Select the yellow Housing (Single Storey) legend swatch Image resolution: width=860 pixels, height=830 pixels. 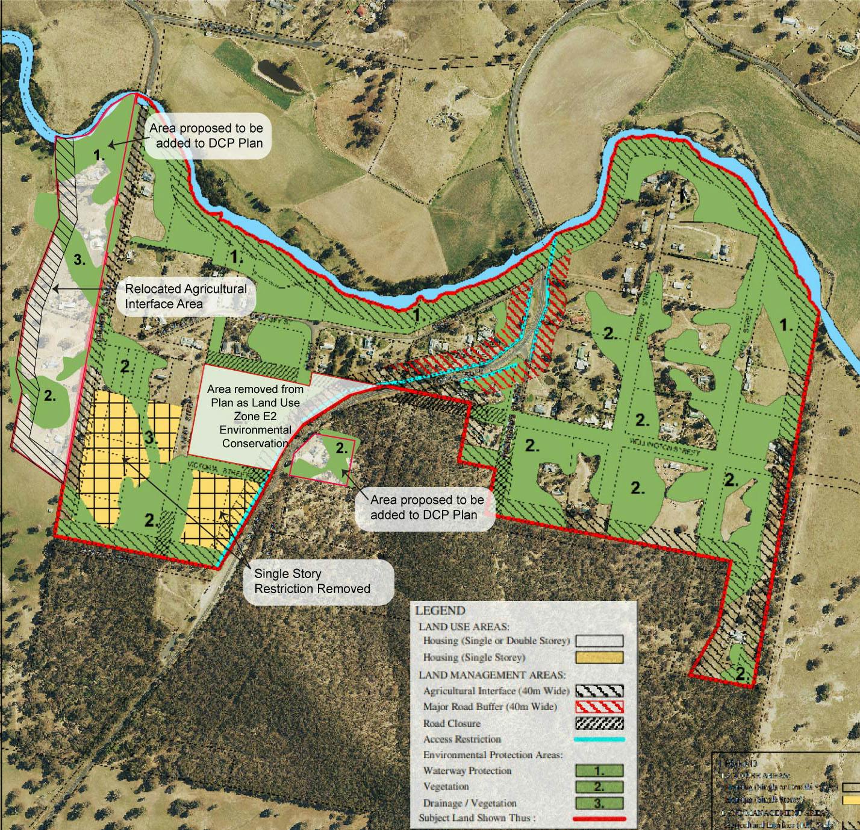[599, 658]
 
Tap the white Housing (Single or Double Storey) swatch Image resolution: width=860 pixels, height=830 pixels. [599, 641]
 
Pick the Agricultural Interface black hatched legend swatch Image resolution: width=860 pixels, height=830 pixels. [599, 691]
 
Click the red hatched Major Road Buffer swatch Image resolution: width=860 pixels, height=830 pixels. [599, 706]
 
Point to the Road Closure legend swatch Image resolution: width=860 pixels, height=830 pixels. [599, 723]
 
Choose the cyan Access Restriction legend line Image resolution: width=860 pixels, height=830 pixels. [599, 740]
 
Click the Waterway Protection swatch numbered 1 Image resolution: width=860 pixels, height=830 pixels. [599, 771]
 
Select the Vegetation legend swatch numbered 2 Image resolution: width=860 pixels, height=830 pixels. [599, 787]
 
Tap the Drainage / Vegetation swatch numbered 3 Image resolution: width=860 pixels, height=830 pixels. [599, 803]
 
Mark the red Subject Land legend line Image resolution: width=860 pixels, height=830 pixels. [599, 819]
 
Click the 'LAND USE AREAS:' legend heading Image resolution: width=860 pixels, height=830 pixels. [464, 627]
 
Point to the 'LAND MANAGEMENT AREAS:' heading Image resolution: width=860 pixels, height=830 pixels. [491, 674]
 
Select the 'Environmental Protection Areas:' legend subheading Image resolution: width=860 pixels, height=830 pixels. [493, 755]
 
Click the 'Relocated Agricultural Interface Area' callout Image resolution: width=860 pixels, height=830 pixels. [185, 296]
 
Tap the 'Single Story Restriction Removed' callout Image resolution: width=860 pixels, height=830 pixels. [312, 581]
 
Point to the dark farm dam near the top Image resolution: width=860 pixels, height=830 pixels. [279, 76]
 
